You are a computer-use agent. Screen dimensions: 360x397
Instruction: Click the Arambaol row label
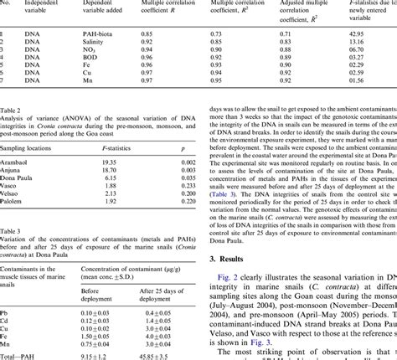16,160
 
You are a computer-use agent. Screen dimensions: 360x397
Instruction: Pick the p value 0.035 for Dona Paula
188,178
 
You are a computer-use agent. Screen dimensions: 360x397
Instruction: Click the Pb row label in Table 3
5,311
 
